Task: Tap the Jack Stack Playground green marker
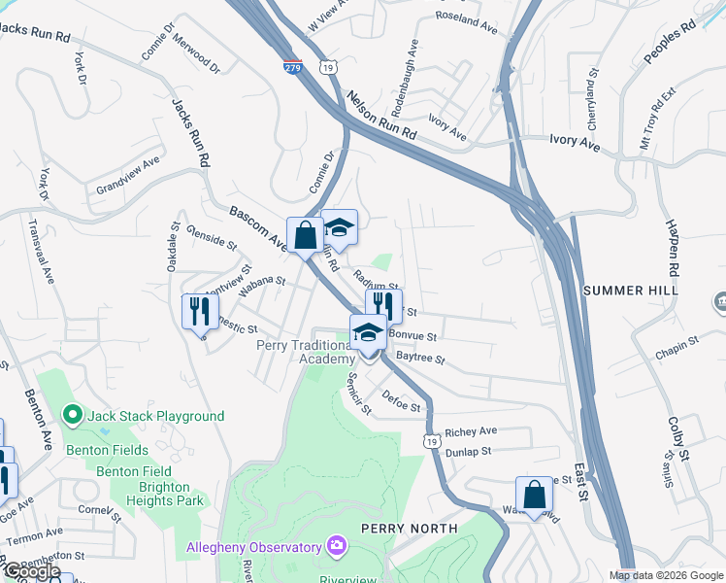[71, 416]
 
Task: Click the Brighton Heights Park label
[149, 500]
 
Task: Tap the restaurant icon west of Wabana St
[197, 312]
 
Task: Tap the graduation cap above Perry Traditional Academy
[368, 332]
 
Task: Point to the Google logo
[31, 571]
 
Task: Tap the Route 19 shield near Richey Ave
[430, 441]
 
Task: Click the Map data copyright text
[666, 575]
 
